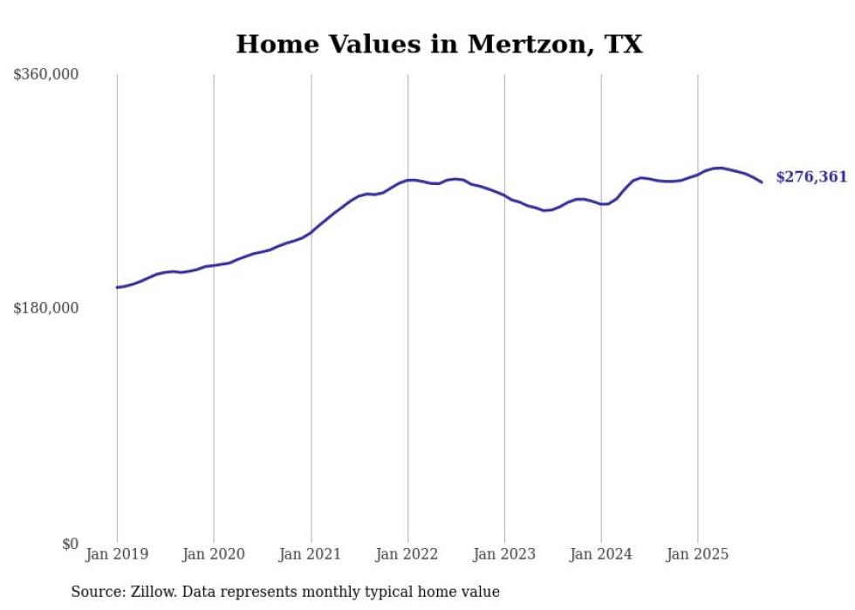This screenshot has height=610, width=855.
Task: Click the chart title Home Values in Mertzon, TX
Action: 439,45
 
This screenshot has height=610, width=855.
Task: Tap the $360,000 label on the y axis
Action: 46,75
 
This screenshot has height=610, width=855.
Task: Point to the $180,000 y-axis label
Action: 46,308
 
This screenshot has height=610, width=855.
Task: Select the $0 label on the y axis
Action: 70,544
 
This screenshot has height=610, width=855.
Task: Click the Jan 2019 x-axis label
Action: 117,554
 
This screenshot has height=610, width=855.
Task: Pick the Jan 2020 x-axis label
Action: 214,554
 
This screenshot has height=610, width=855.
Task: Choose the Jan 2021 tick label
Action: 311,554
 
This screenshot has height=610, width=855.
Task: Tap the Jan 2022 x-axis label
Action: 407,554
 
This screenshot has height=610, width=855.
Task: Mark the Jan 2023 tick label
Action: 504,554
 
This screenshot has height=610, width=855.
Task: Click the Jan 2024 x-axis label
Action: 601,554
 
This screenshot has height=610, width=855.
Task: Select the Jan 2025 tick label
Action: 697,554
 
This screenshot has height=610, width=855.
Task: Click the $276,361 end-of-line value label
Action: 811,177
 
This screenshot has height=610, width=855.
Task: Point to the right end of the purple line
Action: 762,182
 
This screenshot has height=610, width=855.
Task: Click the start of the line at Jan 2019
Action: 118,287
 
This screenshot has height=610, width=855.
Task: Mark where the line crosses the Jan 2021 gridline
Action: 311,231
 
